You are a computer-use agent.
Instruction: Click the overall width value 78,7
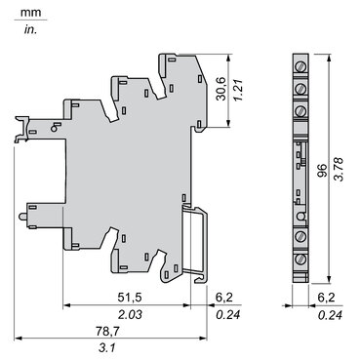pos(108,332)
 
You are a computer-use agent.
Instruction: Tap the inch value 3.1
pos(108,350)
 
